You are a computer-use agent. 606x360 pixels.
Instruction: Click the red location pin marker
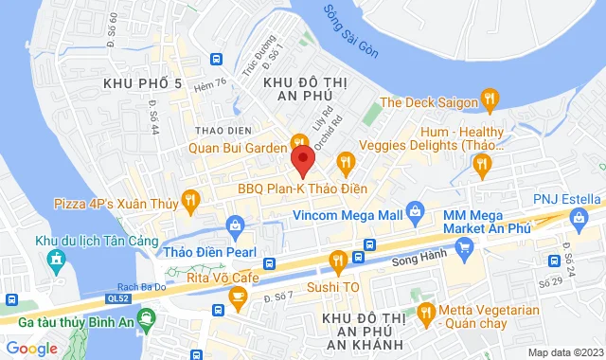pyautogui.click(x=302, y=160)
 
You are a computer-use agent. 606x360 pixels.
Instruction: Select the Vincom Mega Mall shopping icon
pyautogui.click(x=414, y=208)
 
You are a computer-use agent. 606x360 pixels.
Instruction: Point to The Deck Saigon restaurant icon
pyautogui.click(x=490, y=97)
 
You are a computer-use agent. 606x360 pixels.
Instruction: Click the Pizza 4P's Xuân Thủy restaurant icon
pyautogui.click(x=189, y=199)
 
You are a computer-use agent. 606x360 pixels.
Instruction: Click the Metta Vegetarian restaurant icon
pyautogui.click(x=427, y=311)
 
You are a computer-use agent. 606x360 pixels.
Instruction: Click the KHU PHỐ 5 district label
pyautogui.click(x=142, y=85)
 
